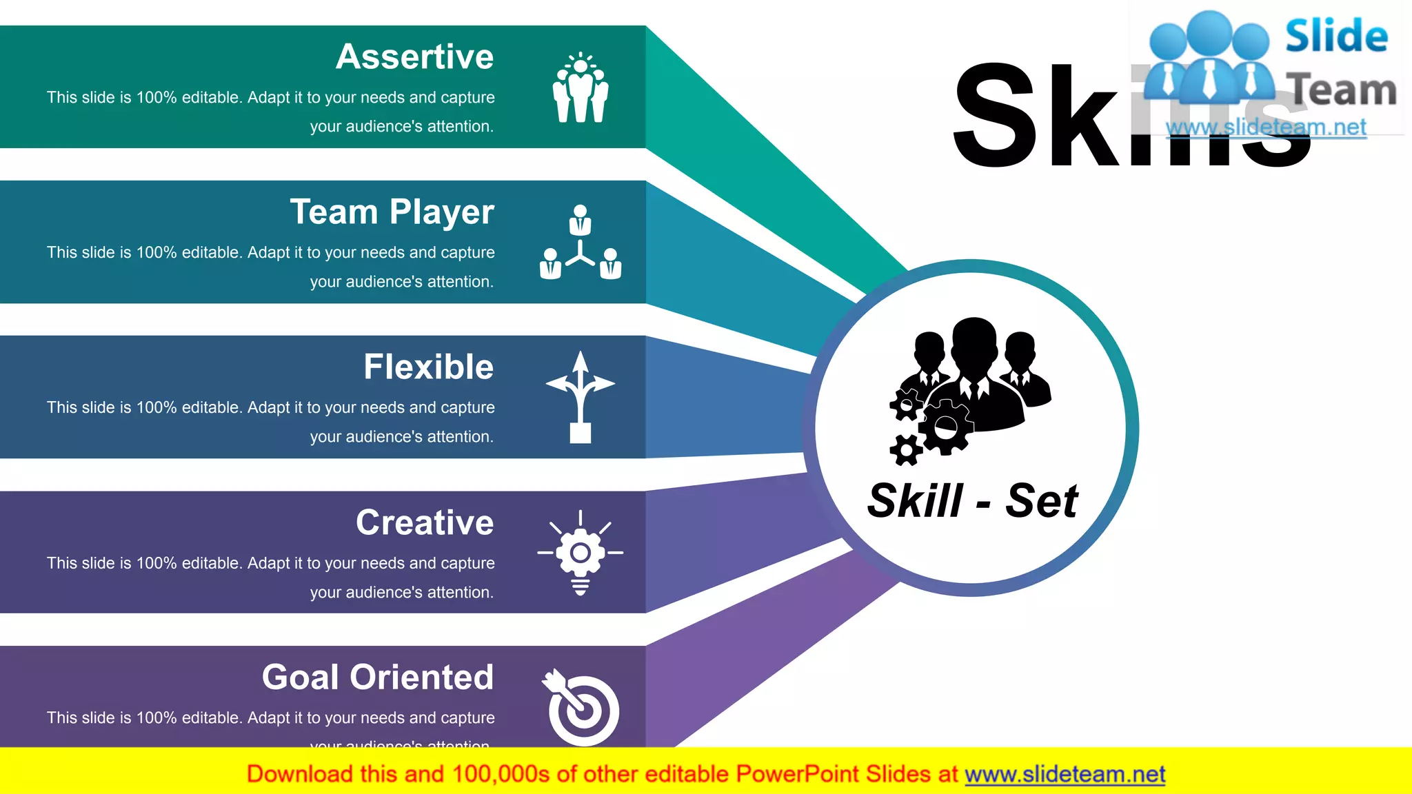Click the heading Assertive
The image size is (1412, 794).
[x=414, y=57]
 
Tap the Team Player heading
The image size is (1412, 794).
[x=392, y=212]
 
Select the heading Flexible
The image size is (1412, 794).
[x=428, y=367]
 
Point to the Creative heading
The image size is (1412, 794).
[x=425, y=522]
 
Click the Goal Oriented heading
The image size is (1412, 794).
[x=378, y=678]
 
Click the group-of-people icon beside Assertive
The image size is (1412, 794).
[x=581, y=88]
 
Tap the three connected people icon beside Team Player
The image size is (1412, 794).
[x=581, y=243]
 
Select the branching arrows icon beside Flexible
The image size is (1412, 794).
[x=581, y=397]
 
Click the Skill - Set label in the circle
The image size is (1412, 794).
[x=972, y=500]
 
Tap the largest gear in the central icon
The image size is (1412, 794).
[x=945, y=427]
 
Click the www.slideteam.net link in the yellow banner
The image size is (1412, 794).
[x=1065, y=775]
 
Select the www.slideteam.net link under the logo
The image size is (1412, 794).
[x=1266, y=128]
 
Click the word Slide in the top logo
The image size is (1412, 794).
[x=1336, y=36]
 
